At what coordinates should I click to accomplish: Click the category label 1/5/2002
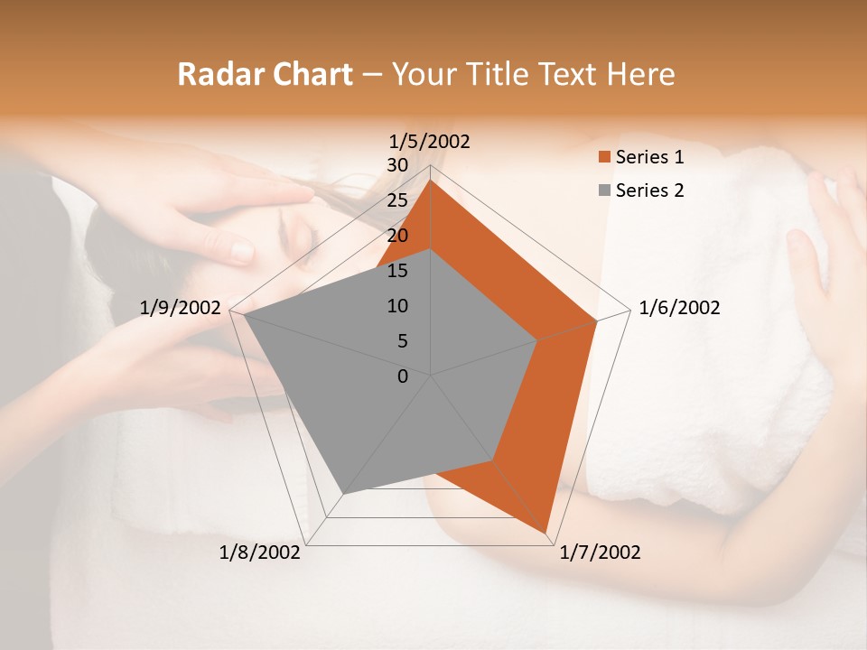pos(430,141)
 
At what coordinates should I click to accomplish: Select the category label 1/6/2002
pos(679,308)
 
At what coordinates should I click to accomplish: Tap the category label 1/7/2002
pos(600,552)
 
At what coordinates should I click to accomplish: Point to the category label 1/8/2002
pos(260,552)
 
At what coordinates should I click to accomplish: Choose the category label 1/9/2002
pos(181,308)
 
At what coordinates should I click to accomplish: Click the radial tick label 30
pos(397,165)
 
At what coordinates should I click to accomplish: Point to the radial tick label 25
pos(397,200)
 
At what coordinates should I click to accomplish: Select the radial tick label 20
pos(397,236)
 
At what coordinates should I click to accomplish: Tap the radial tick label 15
pos(397,271)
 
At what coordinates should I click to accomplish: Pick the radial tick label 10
pos(397,306)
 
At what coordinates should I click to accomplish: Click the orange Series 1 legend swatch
pos(604,157)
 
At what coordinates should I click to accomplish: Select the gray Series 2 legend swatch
pos(604,190)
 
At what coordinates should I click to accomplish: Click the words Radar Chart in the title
pos(265,74)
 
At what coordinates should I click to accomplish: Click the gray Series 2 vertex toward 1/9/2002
pos(244,314)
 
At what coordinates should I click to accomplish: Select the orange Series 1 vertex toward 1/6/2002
pos(597,320)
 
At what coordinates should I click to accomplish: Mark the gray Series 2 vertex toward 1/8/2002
pos(344,493)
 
